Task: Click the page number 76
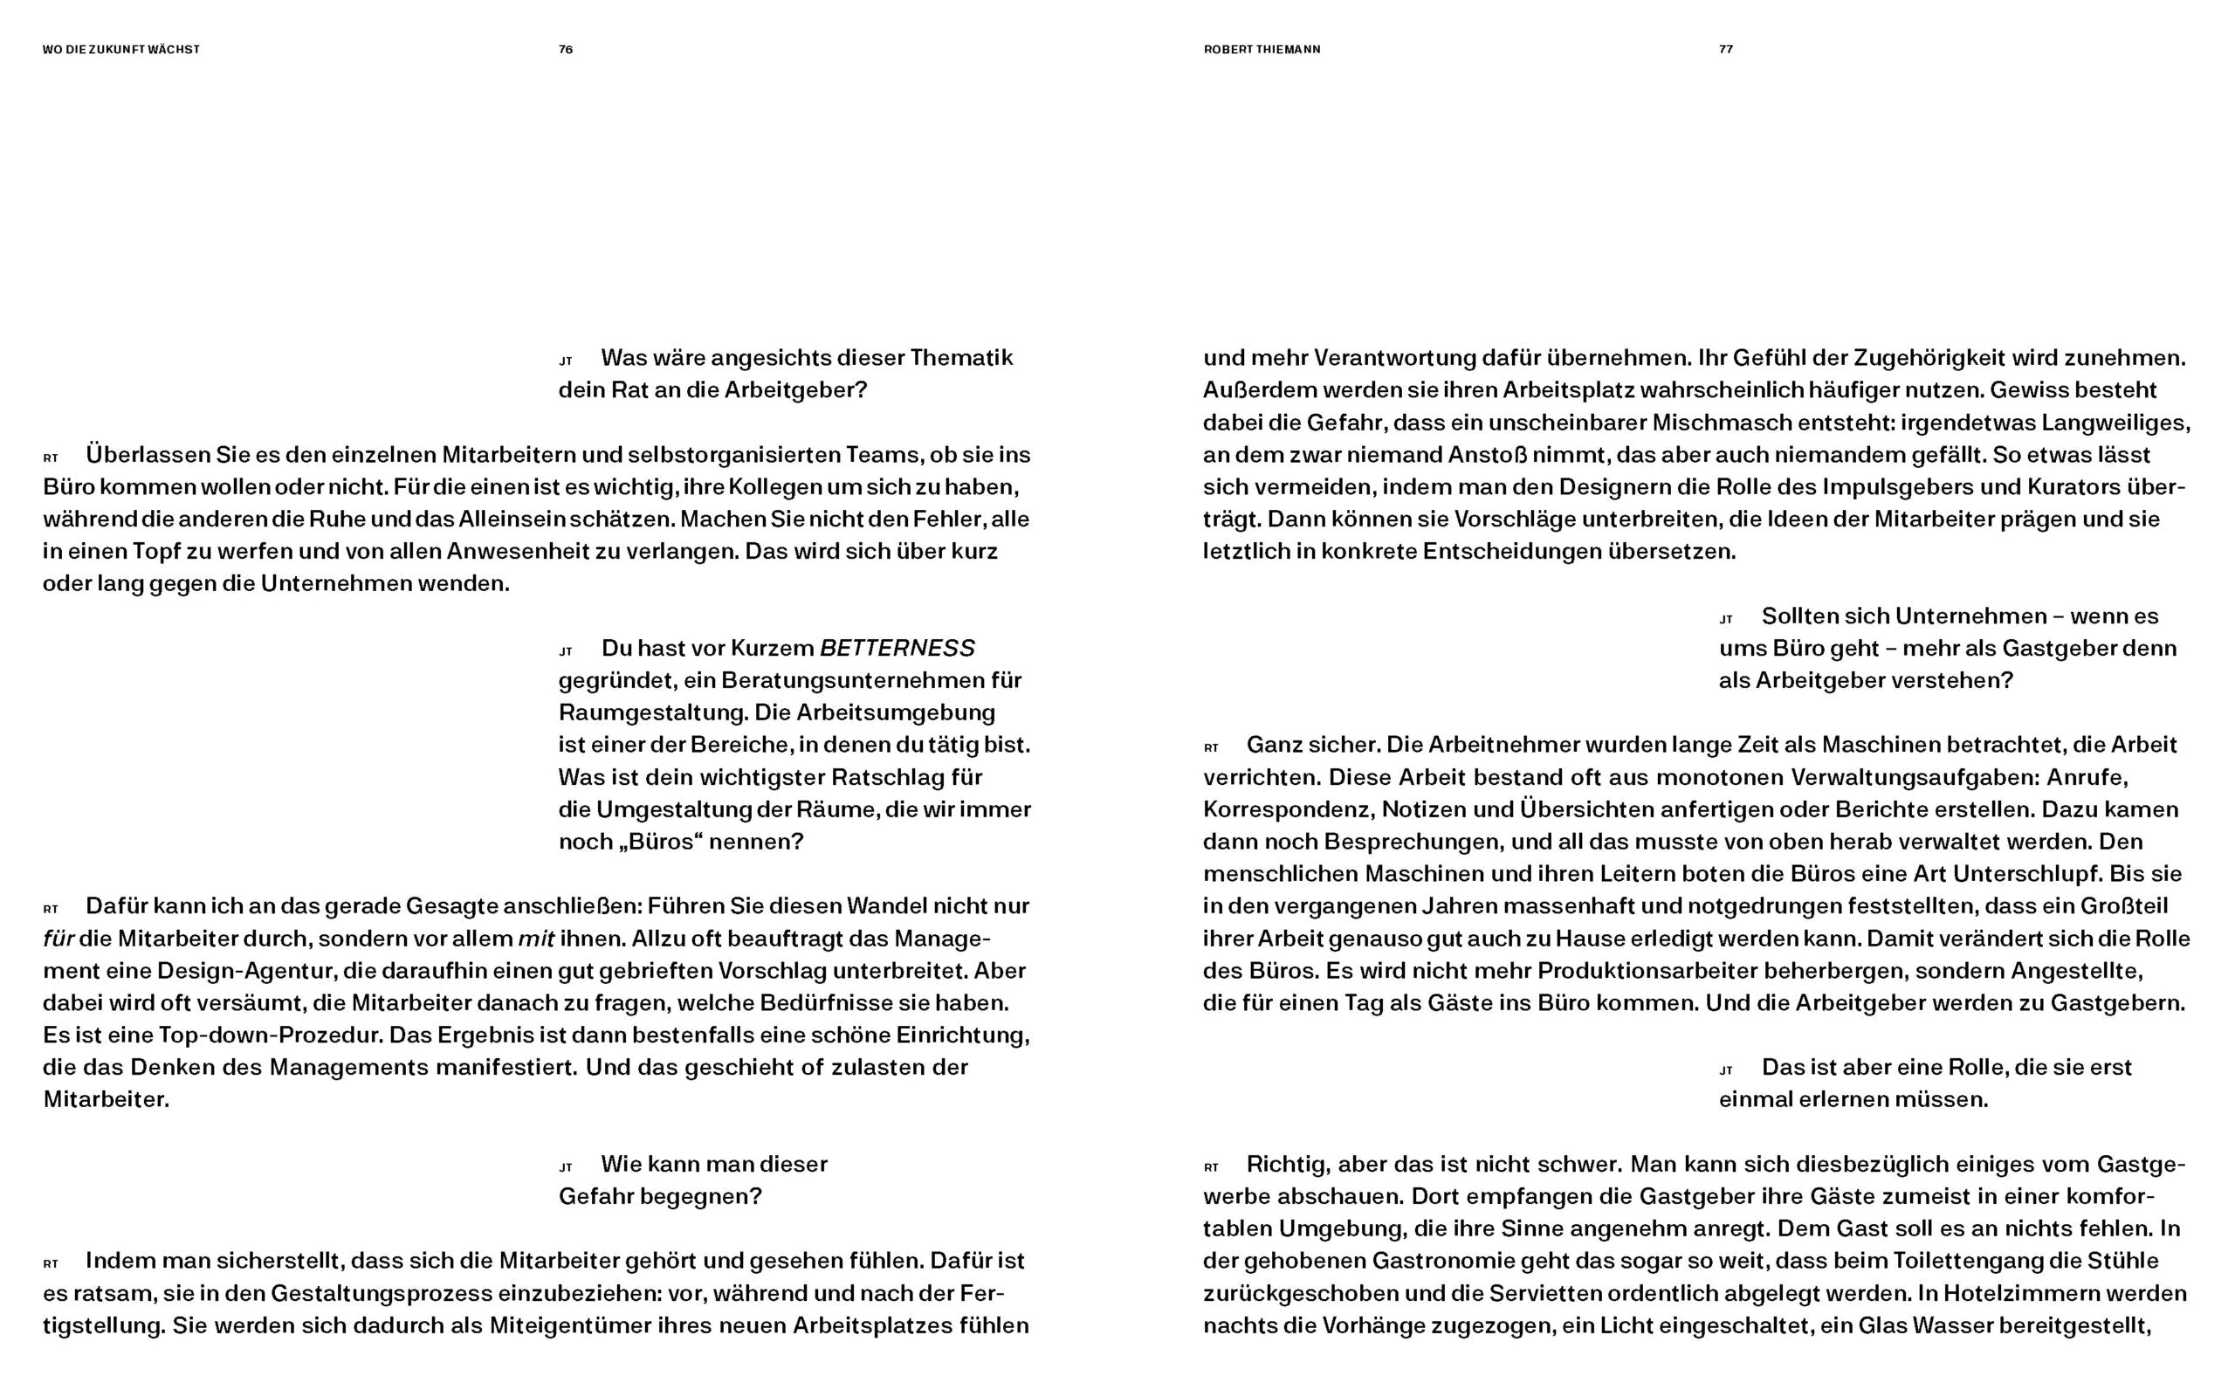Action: (565, 49)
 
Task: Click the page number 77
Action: (1725, 49)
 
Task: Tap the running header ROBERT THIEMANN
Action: (1262, 49)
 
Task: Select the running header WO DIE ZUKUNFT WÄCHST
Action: (121, 49)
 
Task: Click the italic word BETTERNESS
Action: (897, 648)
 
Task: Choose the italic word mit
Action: (536, 939)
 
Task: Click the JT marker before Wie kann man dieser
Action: (565, 1166)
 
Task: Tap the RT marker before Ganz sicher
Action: (1210, 748)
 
